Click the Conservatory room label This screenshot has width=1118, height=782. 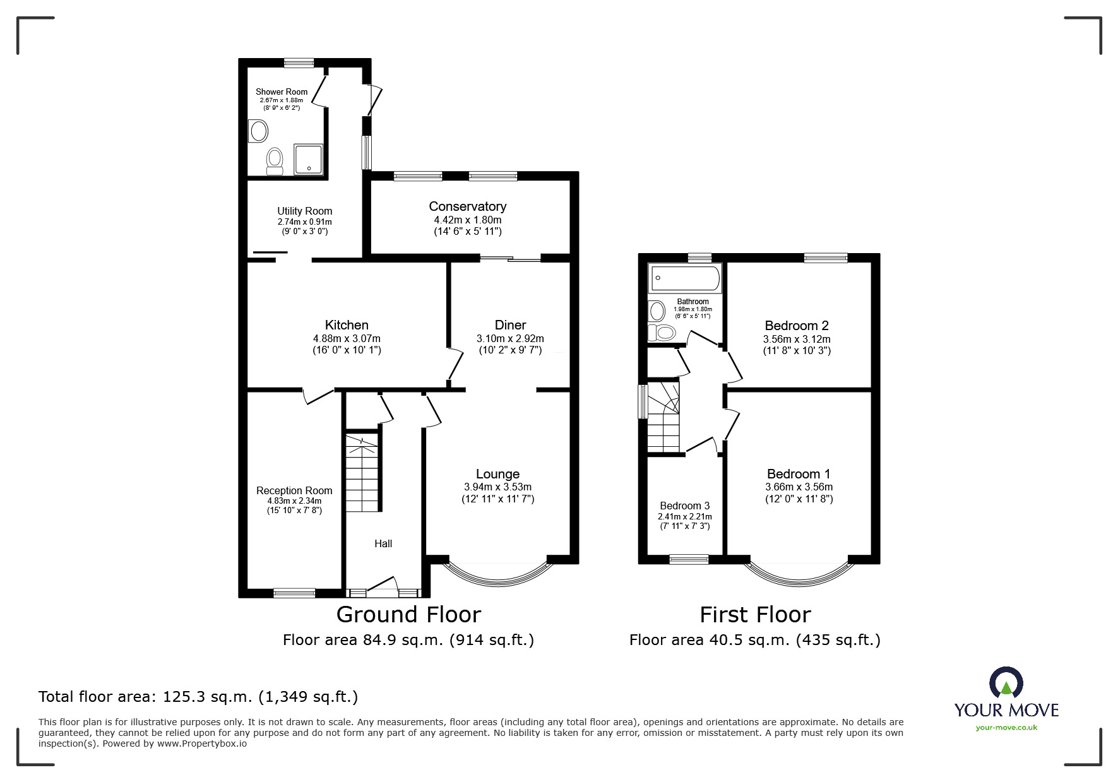coord(467,206)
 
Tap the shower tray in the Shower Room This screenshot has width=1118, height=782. coord(308,159)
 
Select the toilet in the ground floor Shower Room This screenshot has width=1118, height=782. coord(275,160)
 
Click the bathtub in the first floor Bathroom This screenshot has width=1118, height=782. coord(685,278)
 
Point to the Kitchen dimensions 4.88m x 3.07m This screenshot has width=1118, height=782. coord(347,338)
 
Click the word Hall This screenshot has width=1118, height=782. coord(383,543)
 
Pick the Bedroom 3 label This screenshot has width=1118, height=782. coord(684,506)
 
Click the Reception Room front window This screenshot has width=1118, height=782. coord(294,593)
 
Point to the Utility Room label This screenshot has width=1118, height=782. coord(304,211)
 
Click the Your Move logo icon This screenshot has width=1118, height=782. coord(1006,684)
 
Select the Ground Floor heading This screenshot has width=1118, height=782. coord(408,614)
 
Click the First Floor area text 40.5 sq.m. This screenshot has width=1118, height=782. coord(754,640)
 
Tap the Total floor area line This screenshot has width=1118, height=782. coord(198,697)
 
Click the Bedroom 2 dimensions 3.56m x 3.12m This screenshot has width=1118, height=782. coord(796,339)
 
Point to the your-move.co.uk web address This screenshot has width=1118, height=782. coord(1006,728)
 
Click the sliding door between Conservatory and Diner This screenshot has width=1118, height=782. coord(511,258)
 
